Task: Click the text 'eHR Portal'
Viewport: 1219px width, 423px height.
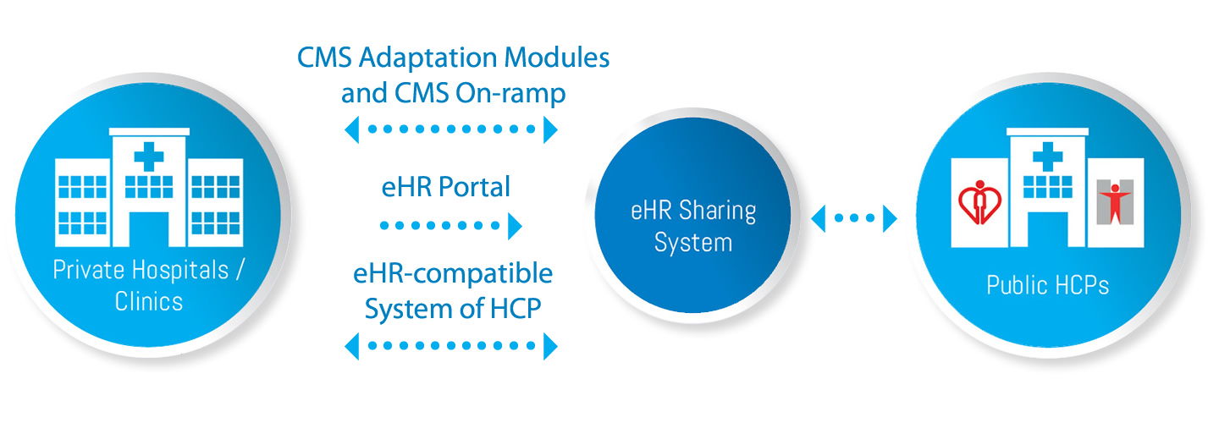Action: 446,187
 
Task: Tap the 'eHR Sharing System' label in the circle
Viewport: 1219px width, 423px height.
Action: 693,226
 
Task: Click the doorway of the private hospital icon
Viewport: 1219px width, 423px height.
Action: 150,228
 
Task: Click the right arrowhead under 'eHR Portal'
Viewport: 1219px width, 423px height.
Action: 514,226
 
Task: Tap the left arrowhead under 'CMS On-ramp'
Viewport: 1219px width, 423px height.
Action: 351,129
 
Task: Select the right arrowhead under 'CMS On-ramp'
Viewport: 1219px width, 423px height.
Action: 551,129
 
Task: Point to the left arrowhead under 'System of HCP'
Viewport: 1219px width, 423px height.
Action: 351,345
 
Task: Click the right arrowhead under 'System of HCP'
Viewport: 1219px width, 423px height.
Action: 551,345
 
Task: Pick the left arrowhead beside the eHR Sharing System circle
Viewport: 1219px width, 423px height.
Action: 818,218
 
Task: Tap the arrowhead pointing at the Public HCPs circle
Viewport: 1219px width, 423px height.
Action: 890,218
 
